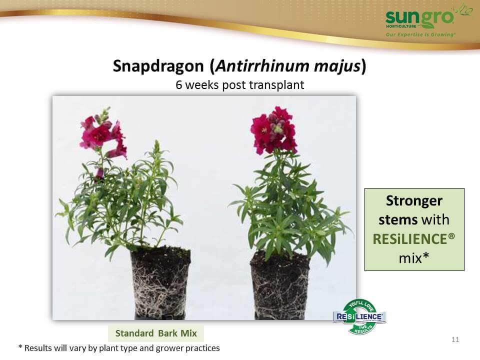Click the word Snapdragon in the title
(x=158, y=66)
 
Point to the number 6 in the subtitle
(x=179, y=85)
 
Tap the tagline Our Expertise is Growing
(x=420, y=34)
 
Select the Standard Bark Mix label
(x=156, y=333)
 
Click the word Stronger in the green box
(x=414, y=201)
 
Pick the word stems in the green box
(x=398, y=220)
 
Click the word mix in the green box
(x=410, y=258)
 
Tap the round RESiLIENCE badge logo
(x=359, y=316)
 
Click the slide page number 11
(x=455, y=339)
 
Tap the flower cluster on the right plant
(x=273, y=130)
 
